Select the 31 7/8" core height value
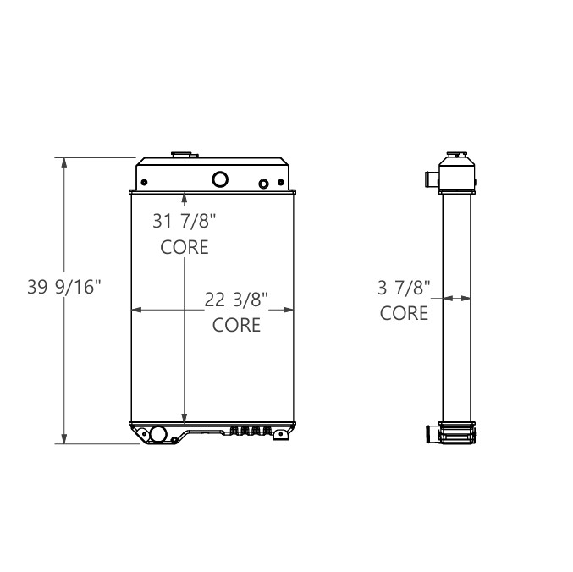click(185, 222)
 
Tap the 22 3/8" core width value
click(236, 299)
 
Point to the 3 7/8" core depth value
click(404, 288)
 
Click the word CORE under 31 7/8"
click(185, 247)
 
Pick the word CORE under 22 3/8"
click(236, 324)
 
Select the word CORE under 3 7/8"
click(404, 313)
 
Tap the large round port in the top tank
click(219, 179)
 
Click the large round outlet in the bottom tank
click(157, 435)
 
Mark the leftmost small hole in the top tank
click(146, 183)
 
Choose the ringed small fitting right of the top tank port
click(263, 184)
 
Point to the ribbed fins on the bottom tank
click(251, 431)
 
